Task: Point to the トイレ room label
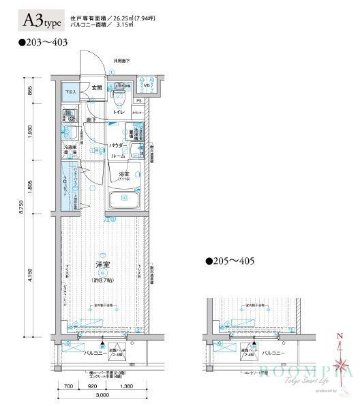tap(119, 111)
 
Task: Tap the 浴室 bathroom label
tap(124, 174)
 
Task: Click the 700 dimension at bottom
tap(70, 386)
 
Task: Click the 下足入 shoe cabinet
tap(70, 91)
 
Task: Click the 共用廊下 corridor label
tap(122, 61)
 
